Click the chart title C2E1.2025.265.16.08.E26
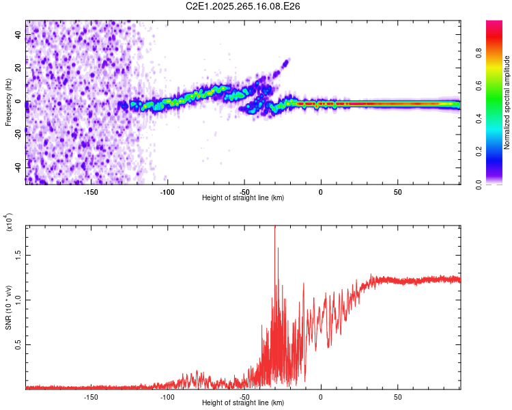point(244,6)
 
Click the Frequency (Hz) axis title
point(9,102)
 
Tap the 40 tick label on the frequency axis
point(18,36)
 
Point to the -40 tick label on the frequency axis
point(18,167)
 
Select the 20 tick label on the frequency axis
point(18,69)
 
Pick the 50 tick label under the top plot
point(397,192)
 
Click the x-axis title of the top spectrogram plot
point(243,198)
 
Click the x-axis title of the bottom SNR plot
point(243,403)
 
